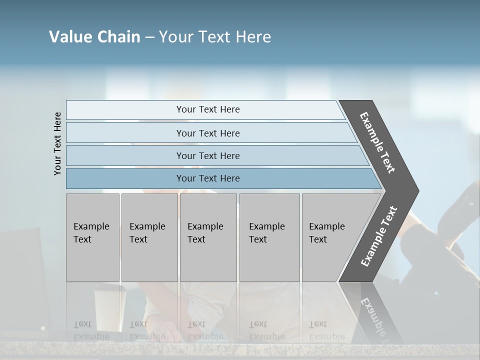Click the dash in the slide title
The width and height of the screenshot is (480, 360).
tap(149, 37)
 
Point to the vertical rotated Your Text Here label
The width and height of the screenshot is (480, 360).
tap(57, 143)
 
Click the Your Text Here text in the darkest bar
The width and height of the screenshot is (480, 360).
tap(208, 178)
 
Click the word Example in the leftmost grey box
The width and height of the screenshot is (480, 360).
tap(91, 226)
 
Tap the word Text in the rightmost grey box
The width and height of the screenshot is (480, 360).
tap(318, 239)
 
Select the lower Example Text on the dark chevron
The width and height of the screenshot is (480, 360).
tap(379, 236)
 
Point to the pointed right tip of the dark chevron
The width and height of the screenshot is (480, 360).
tap(417, 191)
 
